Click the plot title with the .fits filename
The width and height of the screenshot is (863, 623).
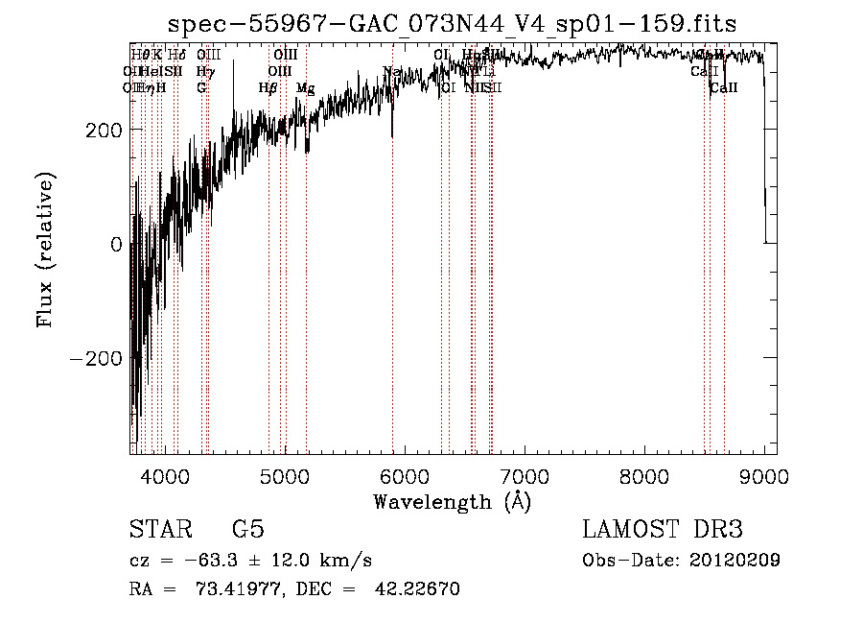(452, 26)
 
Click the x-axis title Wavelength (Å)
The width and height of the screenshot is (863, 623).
(452, 501)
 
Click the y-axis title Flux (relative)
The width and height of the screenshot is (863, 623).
(45, 250)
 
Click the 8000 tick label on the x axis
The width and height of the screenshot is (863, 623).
(643, 476)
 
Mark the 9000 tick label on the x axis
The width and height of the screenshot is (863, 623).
(763, 476)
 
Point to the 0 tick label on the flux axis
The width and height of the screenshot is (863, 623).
(116, 244)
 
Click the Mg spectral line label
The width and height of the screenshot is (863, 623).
(305, 88)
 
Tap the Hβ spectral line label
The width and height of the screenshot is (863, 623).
(268, 88)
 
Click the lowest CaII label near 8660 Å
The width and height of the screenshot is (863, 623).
(724, 88)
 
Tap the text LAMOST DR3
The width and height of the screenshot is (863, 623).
(662, 530)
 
